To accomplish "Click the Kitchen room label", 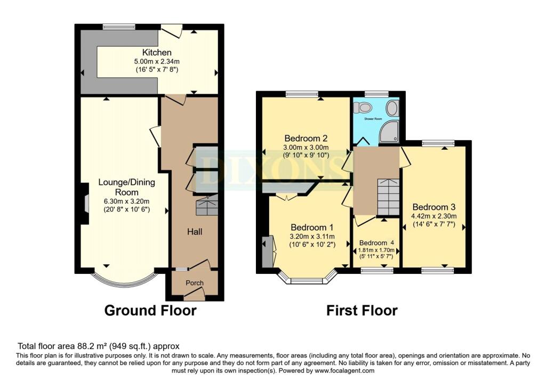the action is (157, 53).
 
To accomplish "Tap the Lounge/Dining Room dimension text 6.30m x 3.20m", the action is (126, 201).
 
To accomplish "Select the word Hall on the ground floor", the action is (195, 232).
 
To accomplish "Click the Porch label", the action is (195, 283).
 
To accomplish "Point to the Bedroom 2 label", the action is (306, 138).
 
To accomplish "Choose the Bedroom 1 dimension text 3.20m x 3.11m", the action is (312, 236).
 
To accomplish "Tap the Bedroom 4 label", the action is (376, 243).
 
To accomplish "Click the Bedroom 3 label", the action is (434, 207).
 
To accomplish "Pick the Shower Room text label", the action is (373, 119).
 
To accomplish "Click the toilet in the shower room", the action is (362, 107).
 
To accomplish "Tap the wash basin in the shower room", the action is (392, 108).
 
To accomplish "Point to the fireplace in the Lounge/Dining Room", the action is (84, 204).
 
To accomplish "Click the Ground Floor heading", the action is (150, 310).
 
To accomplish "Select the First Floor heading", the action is (362, 310).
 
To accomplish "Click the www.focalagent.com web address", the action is (344, 370).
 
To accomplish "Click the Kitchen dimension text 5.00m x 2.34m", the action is (157, 62).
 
